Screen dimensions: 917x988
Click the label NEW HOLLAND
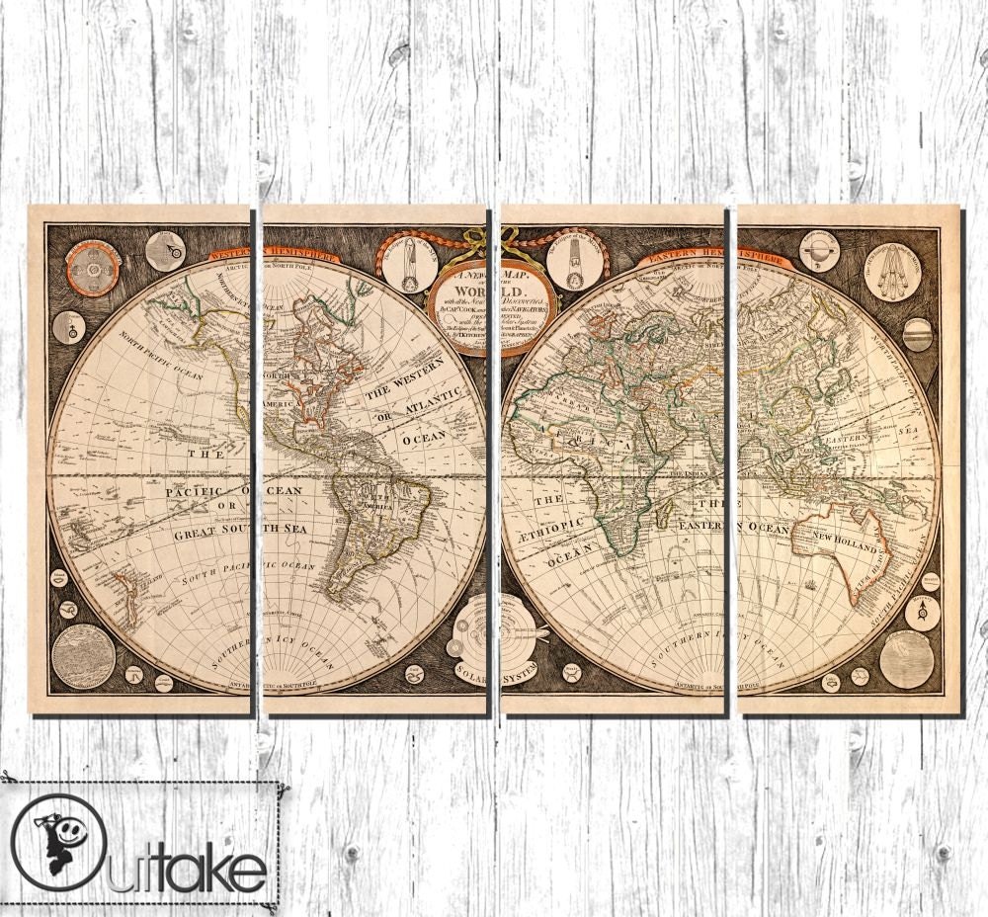tap(845, 546)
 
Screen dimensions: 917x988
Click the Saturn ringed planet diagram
tap(819, 251)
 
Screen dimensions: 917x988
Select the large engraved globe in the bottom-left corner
tap(83, 655)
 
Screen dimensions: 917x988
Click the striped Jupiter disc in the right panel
tap(918, 334)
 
